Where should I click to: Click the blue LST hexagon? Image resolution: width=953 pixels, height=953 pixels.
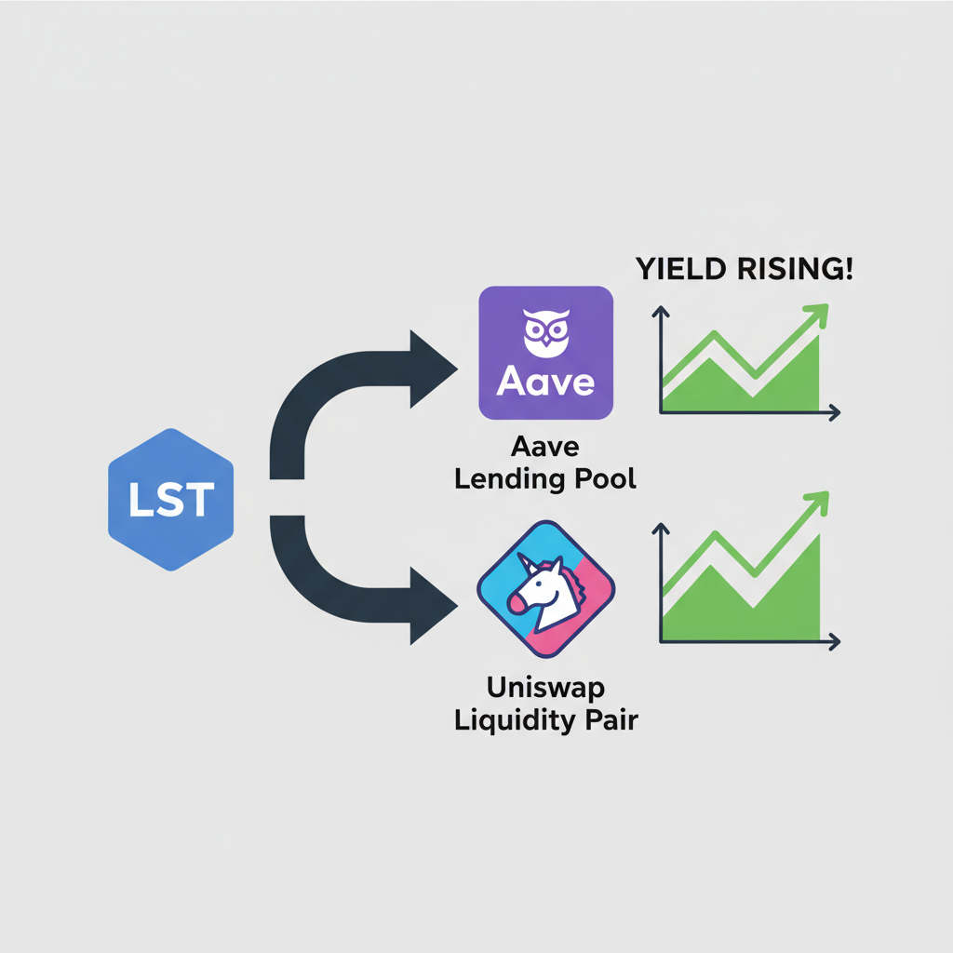(x=170, y=499)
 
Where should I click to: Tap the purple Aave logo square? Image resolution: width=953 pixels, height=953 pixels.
(x=545, y=352)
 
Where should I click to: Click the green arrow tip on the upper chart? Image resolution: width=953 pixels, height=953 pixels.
(x=818, y=314)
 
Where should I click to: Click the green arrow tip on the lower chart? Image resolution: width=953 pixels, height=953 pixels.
(x=820, y=498)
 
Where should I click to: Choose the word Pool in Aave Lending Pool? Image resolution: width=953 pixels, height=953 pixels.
(x=605, y=480)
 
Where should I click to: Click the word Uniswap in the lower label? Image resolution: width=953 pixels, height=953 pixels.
(x=545, y=691)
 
